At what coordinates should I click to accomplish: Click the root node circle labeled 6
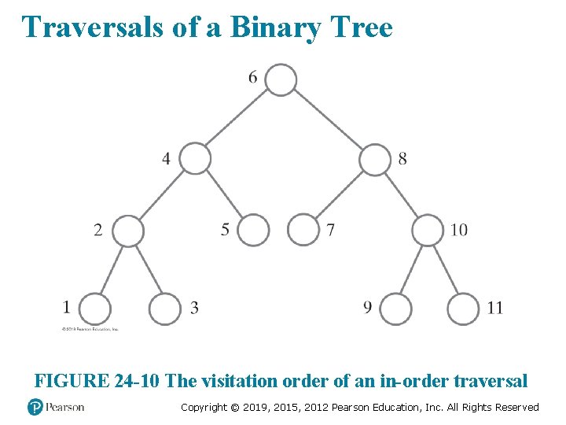[x=281, y=79]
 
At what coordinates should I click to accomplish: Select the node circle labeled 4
[x=196, y=158]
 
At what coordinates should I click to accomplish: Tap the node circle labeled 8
[x=374, y=159]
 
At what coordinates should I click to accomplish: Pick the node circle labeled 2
[x=128, y=231]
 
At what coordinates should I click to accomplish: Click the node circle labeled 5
[x=253, y=230]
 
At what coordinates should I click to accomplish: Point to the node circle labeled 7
[x=303, y=230]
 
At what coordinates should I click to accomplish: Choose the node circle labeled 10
[x=428, y=230]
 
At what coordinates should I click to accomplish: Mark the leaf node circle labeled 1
[x=94, y=309]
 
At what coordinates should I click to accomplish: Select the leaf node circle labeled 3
[x=165, y=309]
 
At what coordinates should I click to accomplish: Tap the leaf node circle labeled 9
[x=395, y=309]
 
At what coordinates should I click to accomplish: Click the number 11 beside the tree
[x=494, y=308]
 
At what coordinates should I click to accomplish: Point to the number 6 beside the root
[x=252, y=76]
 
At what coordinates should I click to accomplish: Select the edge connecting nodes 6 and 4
[x=238, y=119]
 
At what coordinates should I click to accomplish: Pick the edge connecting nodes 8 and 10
[x=401, y=194]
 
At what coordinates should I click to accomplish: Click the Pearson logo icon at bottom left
[x=35, y=407]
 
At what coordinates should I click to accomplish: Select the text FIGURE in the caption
[x=71, y=381]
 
